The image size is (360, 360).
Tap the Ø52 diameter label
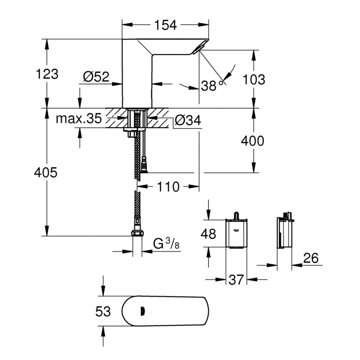tap(96, 77)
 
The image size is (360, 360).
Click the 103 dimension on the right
tap(253, 79)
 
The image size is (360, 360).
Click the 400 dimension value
tap(252, 141)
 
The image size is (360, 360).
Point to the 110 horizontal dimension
tap(168, 186)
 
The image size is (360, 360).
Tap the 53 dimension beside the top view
tap(103, 311)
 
